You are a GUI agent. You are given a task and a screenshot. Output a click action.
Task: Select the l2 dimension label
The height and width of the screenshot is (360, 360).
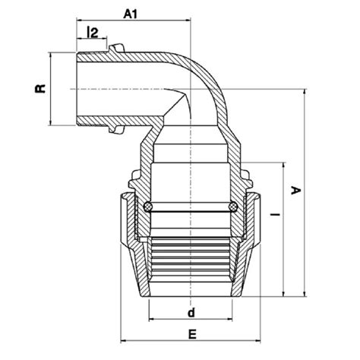93,32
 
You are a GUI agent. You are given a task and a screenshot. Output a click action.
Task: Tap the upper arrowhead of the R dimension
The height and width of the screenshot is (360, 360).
50,55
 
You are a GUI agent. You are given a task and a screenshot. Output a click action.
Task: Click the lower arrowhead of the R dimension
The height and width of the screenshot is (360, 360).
50,123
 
